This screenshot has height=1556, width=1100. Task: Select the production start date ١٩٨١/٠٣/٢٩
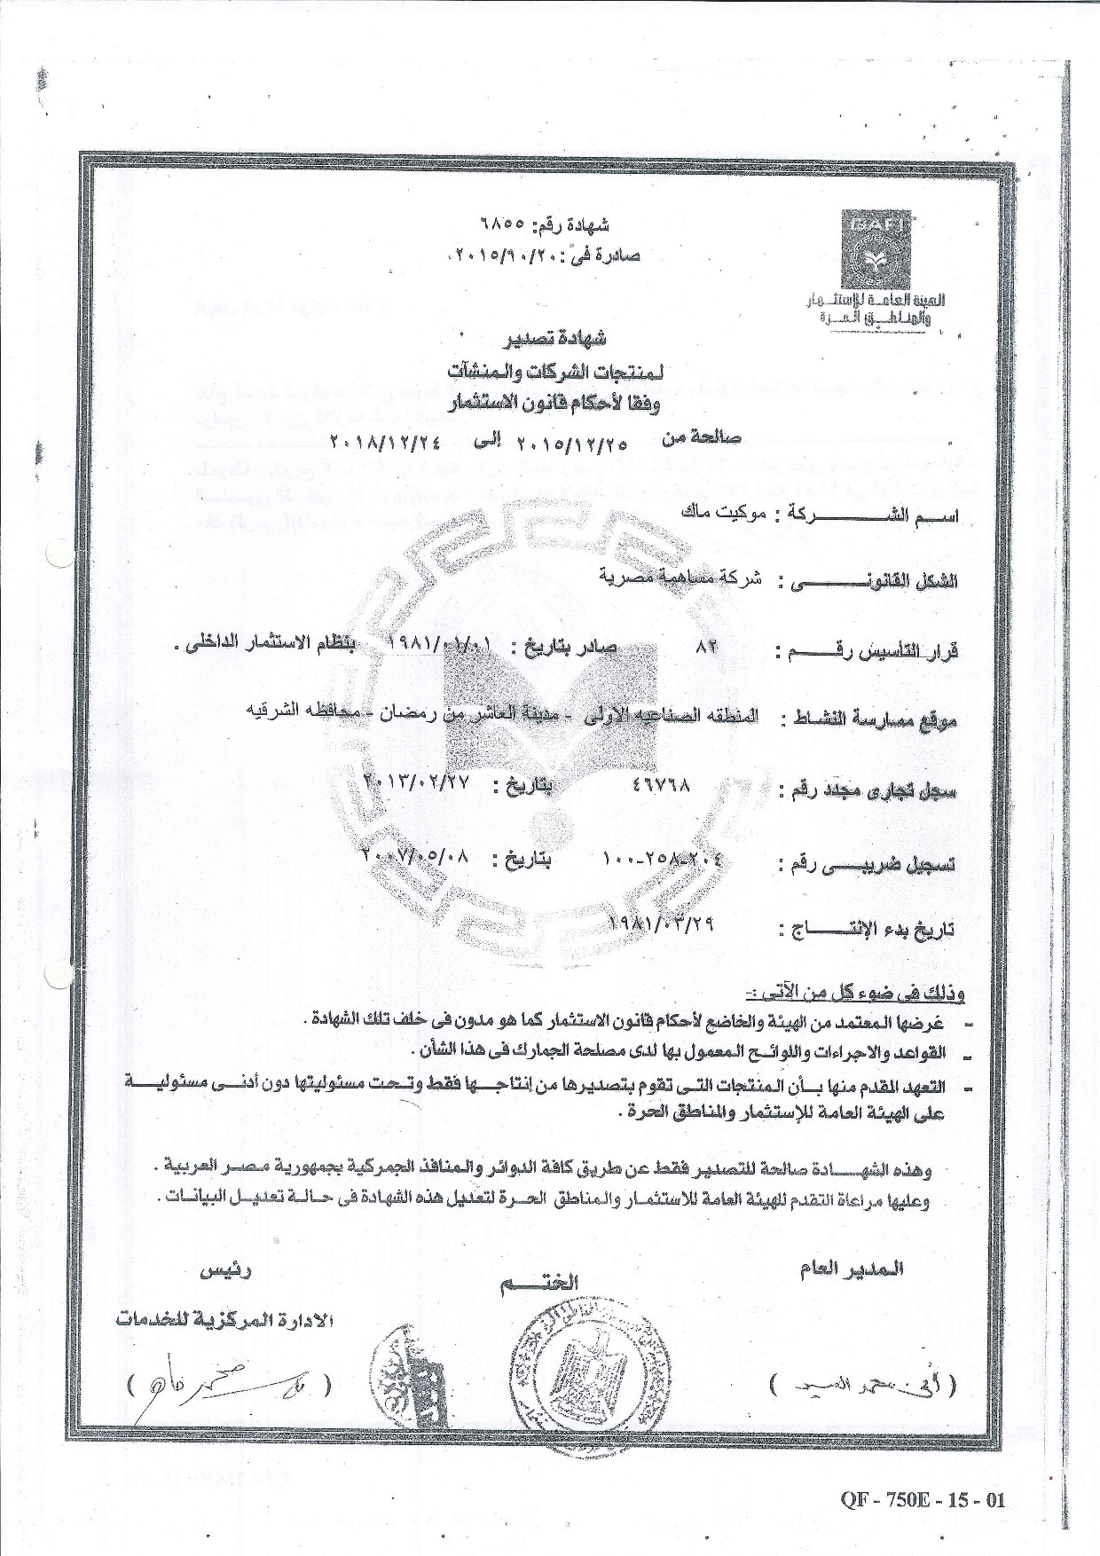664,923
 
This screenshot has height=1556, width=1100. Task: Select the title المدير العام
852,1269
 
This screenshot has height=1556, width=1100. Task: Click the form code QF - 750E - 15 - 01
922,1500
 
